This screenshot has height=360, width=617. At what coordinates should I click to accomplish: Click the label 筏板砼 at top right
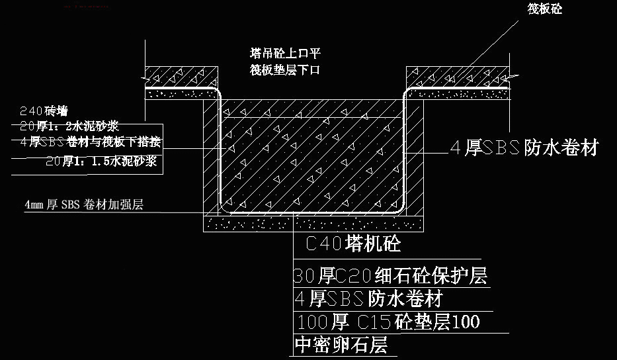pos(544,9)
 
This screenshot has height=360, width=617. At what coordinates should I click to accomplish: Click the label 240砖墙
pos(44,111)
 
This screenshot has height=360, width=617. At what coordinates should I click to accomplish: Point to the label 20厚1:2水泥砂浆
pos(69,126)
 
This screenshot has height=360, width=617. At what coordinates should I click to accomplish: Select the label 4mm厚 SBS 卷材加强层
pos(83,205)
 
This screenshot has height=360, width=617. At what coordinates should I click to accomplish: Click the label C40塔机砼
pos(354,244)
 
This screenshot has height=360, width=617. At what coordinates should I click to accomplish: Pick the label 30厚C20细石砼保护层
pos(390,275)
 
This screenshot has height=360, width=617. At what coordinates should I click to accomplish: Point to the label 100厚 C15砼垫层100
pos(389,322)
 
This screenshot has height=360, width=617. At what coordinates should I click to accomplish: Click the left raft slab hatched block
pos(182,75)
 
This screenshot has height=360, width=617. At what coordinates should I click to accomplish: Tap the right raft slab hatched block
pos(456,75)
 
